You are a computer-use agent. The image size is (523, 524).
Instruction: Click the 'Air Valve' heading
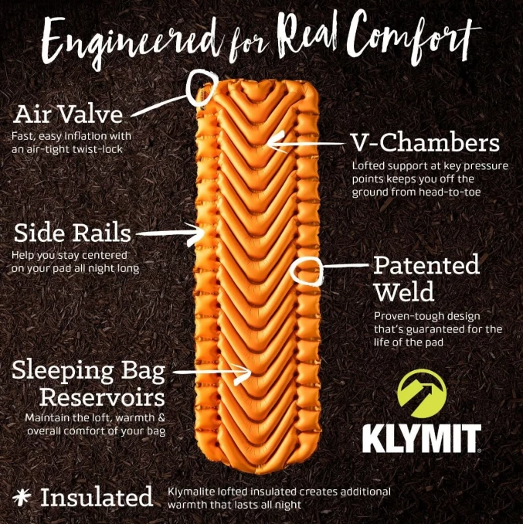pos(68,114)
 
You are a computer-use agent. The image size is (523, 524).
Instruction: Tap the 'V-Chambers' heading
pos(426,142)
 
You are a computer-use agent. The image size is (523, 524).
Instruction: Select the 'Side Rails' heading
pos(72,233)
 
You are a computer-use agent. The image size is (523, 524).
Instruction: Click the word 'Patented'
pos(426,264)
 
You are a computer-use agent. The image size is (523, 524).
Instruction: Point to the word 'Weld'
pos(404,291)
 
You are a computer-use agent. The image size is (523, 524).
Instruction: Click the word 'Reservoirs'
pos(102,397)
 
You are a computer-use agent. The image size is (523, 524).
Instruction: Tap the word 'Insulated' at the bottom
pos(97,497)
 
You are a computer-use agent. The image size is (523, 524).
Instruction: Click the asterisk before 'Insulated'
pos(22,497)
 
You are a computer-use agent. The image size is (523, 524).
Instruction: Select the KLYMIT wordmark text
pos(422,438)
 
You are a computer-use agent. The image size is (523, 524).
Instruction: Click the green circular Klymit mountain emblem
pos(422,393)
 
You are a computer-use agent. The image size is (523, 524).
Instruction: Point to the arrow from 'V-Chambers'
pos(307,144)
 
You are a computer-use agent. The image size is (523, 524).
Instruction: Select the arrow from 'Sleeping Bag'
pos(212,373)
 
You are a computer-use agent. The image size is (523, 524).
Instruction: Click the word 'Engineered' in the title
pos(134,42)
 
